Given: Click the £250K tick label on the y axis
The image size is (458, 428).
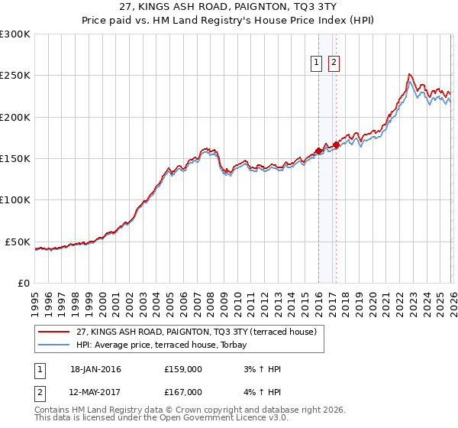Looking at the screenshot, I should click(15, 76).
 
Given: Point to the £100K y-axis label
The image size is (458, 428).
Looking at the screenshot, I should click(15, 200).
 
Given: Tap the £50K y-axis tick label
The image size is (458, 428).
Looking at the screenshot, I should click(18, 242).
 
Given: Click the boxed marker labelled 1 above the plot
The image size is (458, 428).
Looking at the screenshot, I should click(316, 63).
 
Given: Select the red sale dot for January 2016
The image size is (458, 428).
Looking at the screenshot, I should click(318, 151).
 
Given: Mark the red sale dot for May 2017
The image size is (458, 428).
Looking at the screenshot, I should click(336, 144).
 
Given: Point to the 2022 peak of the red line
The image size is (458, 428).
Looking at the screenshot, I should click(410, 74).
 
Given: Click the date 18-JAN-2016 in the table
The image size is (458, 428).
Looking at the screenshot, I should click(95, 369).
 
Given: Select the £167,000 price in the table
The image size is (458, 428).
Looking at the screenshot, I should click(182, 392).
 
